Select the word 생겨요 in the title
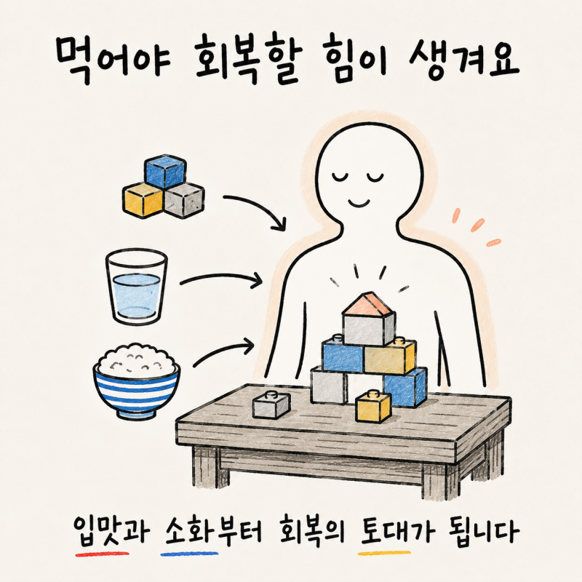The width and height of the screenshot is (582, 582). (463, 60)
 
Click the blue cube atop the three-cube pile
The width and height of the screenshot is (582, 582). (165, 171)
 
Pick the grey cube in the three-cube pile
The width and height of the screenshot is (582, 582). (185, 200)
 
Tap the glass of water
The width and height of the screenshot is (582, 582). (136, 287)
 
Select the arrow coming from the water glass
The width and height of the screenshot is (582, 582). (221, 277)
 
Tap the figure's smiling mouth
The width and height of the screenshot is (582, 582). (359, 203)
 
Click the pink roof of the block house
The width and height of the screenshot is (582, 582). (367, 304)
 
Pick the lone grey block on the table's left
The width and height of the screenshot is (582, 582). (271, 404)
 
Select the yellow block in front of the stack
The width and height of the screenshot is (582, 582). (373, 407)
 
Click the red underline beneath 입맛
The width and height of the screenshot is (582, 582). (102, 554)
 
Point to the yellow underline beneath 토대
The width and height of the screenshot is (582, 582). (384, 553)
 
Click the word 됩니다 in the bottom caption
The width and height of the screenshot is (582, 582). (483, 532)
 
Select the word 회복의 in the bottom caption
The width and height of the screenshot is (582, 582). (313, 532)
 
